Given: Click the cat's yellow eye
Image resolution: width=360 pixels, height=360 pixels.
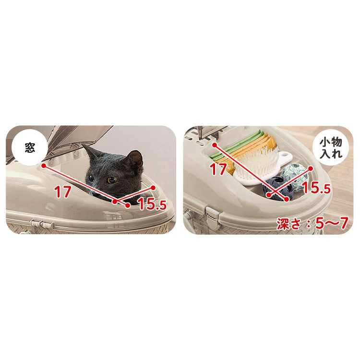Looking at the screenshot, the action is (112, 180).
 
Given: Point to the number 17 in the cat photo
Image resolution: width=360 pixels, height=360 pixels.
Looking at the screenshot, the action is (62, 192).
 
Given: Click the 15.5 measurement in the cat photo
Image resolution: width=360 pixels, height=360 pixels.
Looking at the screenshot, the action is (152, 204).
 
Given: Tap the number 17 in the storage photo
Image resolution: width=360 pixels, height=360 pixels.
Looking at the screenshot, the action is (218, 169).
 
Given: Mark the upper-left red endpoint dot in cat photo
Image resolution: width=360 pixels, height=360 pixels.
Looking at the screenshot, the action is (43, 165).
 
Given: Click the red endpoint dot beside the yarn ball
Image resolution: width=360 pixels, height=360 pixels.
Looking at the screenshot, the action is (311, 169).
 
